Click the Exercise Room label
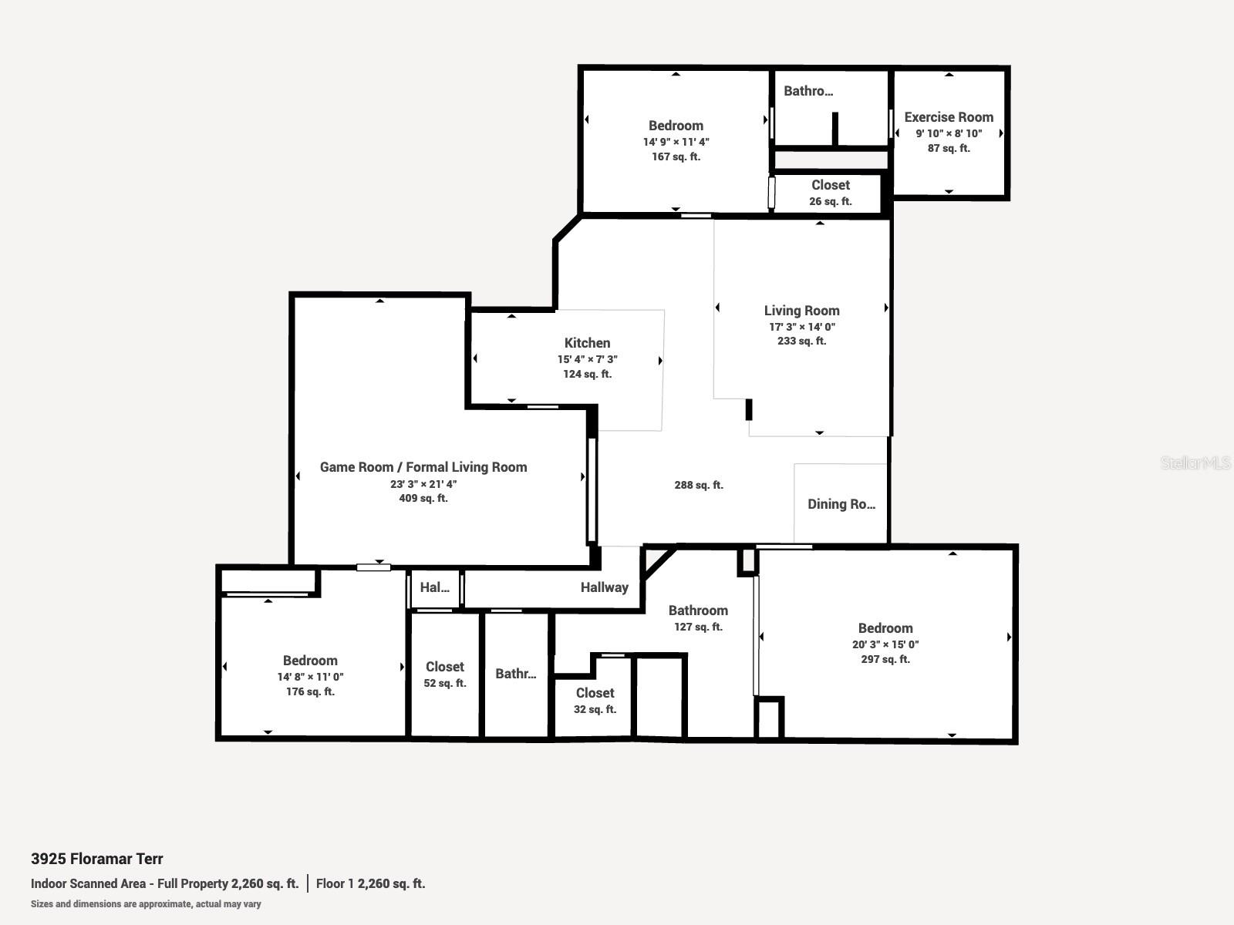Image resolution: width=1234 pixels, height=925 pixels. [949, 117]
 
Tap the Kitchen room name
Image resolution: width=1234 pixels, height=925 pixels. [587, 343]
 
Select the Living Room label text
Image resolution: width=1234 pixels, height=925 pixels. [801, 311]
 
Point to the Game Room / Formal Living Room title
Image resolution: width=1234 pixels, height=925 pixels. [423, 467]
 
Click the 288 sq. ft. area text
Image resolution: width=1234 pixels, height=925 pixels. [699, 485]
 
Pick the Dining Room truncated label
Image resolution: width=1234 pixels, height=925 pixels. [841, 504]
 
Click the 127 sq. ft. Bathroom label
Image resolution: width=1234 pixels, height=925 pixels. [698, 610]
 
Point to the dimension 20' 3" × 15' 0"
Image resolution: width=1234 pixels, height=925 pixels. [885, 644]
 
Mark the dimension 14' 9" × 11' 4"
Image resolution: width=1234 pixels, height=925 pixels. [676, 142]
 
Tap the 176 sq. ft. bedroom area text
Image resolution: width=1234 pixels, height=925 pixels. [310, 691]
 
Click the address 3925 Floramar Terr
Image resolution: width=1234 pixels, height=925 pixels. [96, 859]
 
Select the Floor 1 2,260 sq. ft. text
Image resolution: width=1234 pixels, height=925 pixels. [370, 883]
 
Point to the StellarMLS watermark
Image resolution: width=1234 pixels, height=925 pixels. [1195, 462]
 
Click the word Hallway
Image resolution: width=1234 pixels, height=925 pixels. [605, 587]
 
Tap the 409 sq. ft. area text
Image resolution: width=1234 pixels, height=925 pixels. [423, 498]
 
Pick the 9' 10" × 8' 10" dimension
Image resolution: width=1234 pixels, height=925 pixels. [949, 133]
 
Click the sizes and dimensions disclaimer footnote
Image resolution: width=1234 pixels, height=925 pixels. [146, 904]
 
